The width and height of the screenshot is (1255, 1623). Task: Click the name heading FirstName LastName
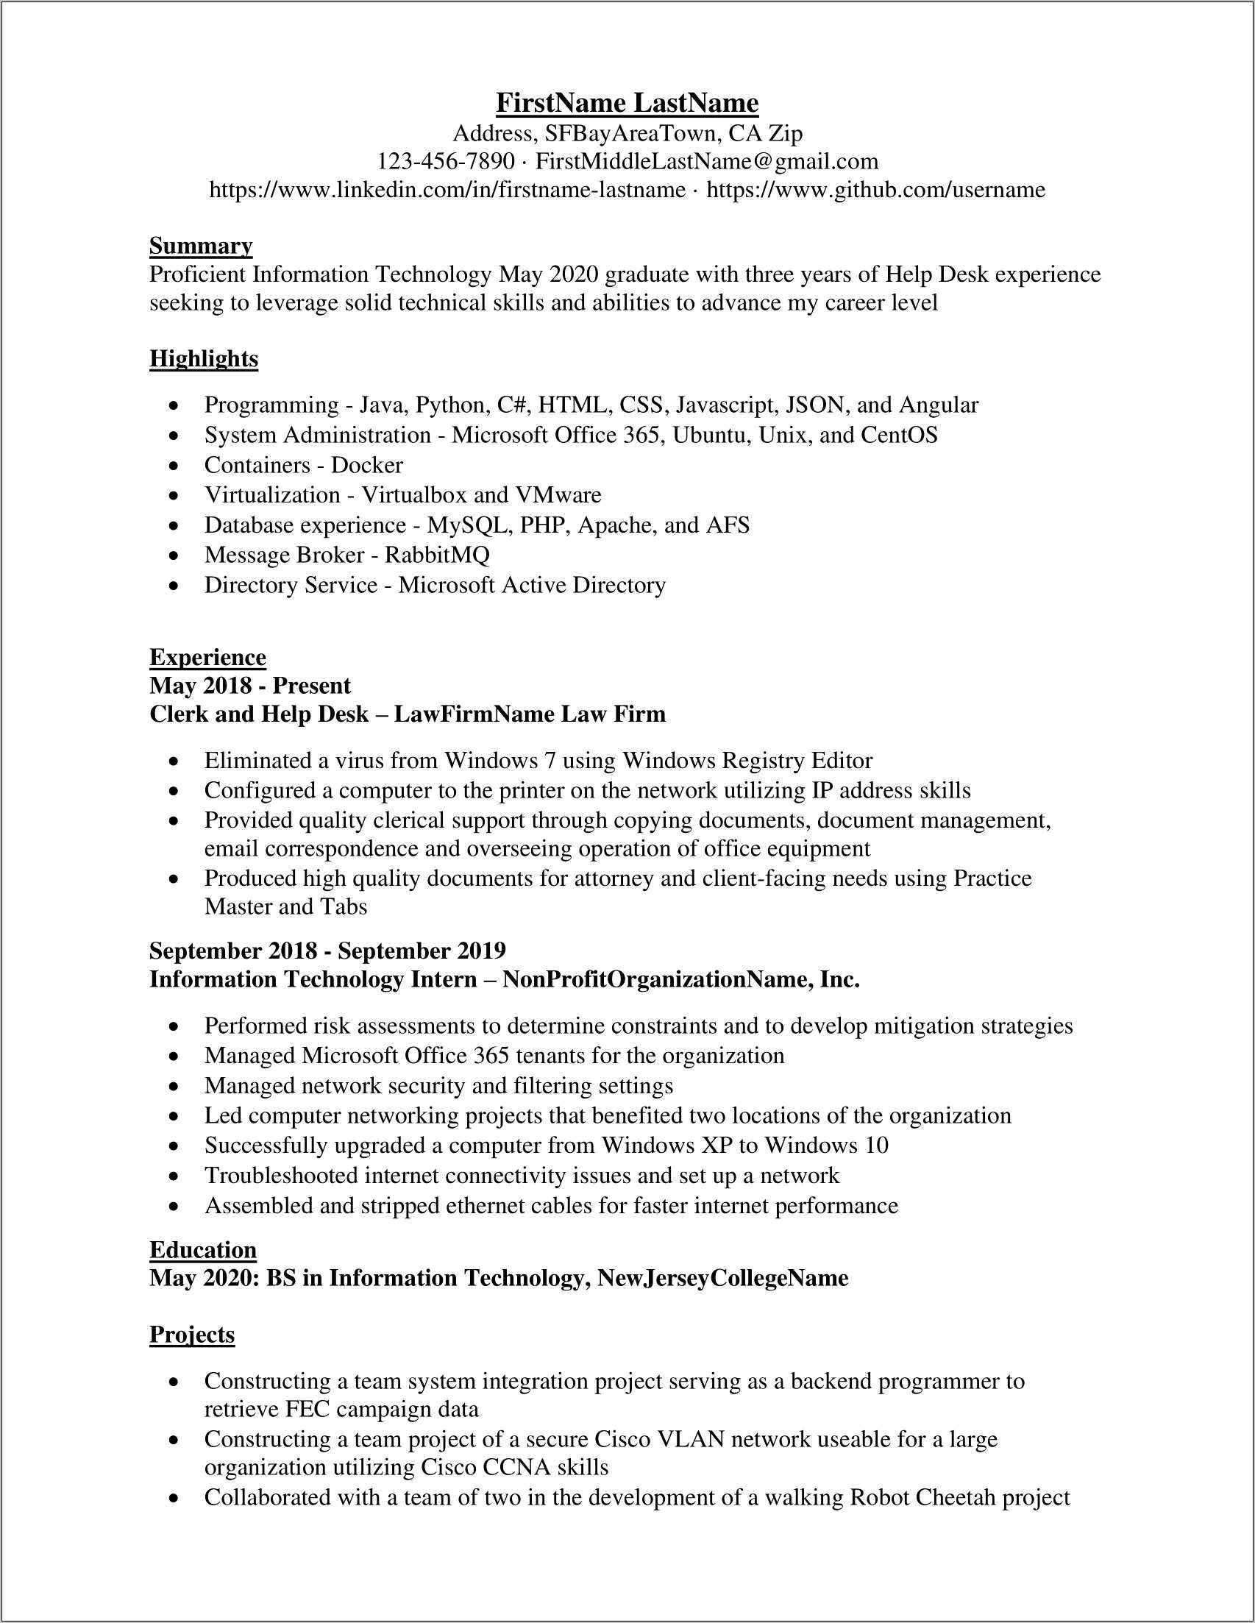627,102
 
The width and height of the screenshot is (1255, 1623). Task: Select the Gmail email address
707,161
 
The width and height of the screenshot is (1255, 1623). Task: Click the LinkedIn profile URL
447,191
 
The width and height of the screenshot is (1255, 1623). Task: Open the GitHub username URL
875,191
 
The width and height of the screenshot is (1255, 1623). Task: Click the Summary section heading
201,246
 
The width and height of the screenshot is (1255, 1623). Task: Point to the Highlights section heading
204,359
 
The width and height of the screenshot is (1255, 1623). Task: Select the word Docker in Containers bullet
367,465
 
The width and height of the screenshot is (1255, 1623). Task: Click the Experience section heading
207,658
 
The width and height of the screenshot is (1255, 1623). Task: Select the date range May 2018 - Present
249,686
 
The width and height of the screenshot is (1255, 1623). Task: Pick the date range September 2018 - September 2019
327,951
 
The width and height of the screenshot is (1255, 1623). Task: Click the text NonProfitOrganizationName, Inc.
681,979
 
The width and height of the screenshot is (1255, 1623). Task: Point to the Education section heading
203,1250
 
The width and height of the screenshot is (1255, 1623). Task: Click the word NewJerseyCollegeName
723,1278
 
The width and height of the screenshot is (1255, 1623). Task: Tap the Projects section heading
192,1335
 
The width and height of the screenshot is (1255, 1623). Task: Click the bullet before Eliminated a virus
174,761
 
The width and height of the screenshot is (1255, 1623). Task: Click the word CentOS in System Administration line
899,435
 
